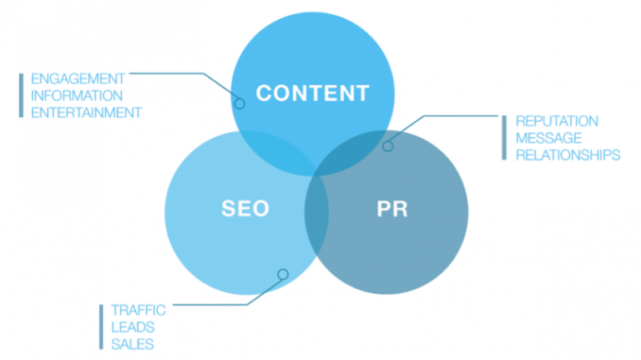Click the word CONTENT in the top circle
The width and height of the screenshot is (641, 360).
tap(312, 92)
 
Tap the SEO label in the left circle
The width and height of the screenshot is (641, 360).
tap(245, 208)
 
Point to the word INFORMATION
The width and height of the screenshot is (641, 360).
tap(76, 95)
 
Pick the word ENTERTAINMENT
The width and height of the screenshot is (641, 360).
tap(86, 112)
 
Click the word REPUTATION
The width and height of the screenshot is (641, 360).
tap(557, 121)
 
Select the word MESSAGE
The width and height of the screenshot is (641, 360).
tap(548, 138)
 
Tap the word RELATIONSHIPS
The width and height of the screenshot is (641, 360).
tap(568, 155)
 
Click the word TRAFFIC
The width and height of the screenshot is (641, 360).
tap(139, 310)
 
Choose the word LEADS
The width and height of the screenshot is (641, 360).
tap(133, 327)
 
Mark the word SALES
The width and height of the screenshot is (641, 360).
tap(133, 343)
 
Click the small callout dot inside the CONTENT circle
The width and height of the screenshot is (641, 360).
tap(240, 104)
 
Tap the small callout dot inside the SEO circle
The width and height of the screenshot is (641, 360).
tap(282, 274)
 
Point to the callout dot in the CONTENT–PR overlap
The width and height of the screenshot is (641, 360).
tap(387, 146)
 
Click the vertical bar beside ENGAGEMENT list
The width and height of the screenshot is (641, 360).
tap(20, 95)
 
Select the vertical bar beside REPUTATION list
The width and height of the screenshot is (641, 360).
tap(504, 138)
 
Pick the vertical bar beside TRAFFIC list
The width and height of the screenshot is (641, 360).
tap(101, 327)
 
